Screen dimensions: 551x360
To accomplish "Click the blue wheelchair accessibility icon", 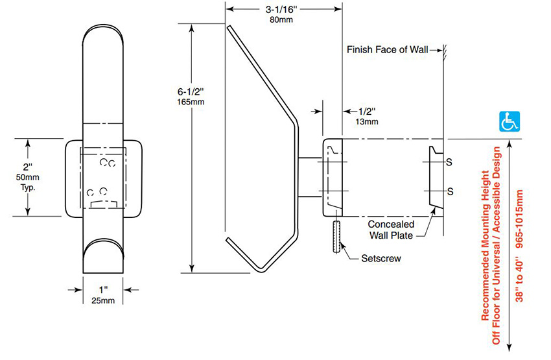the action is click(509, 121).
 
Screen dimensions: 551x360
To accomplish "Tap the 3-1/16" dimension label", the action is click(281, 9).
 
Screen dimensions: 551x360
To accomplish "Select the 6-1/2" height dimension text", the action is click(191, 91).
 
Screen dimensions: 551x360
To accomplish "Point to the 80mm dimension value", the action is click(281, 19).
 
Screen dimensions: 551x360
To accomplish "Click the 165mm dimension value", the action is click(191, 102).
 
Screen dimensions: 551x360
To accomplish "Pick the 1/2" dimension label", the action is click(367, 112).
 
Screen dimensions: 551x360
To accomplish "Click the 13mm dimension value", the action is click(367, 122).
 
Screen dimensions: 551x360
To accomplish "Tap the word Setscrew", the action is click(381, 258).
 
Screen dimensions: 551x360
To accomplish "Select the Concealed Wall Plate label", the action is click(391, 230).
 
